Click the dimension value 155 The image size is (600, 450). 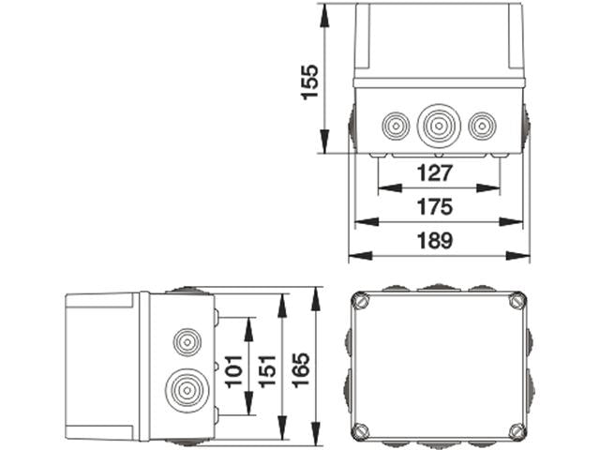tap(308, 82)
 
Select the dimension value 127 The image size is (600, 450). tap(435, 173)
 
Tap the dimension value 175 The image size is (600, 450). tap(435, 207)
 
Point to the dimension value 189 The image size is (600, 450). tap(435, 241)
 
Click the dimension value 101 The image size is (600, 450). tap(233, 367)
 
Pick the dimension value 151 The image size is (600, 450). tap(267, 367)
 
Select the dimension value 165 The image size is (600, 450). tap(301, 367)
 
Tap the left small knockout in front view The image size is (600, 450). tap(394, 126)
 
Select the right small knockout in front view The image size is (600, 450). tap(481, 126)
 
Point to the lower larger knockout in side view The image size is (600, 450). tap(185, 388)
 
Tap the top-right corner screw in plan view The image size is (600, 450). tap(517, 302)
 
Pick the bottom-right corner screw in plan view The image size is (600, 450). tap(517, 430)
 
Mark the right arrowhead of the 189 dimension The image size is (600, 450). tap(524, 256)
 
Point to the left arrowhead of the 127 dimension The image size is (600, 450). tap(382, 188)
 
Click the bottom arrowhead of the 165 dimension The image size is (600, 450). tap(316, 438)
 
